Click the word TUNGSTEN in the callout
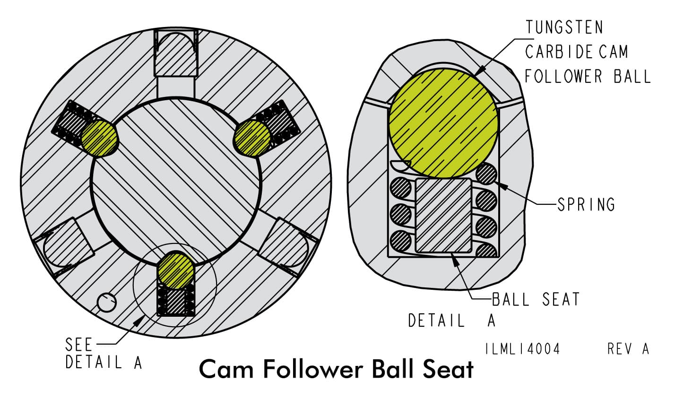point(564,27)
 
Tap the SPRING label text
point(586,205)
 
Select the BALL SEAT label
point(536,299)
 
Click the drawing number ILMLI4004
point(522,349)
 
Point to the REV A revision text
point(628,349)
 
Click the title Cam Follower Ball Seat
point(336,370)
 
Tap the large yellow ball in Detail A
point(443,122)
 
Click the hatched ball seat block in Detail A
point(443,215)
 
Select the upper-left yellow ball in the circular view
point(99,138)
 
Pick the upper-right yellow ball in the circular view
point(252,138)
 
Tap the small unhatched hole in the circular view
point(107,302)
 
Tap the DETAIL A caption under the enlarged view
point(452,321)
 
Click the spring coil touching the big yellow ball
point(486,173)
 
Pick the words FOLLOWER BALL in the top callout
point(587,76)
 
